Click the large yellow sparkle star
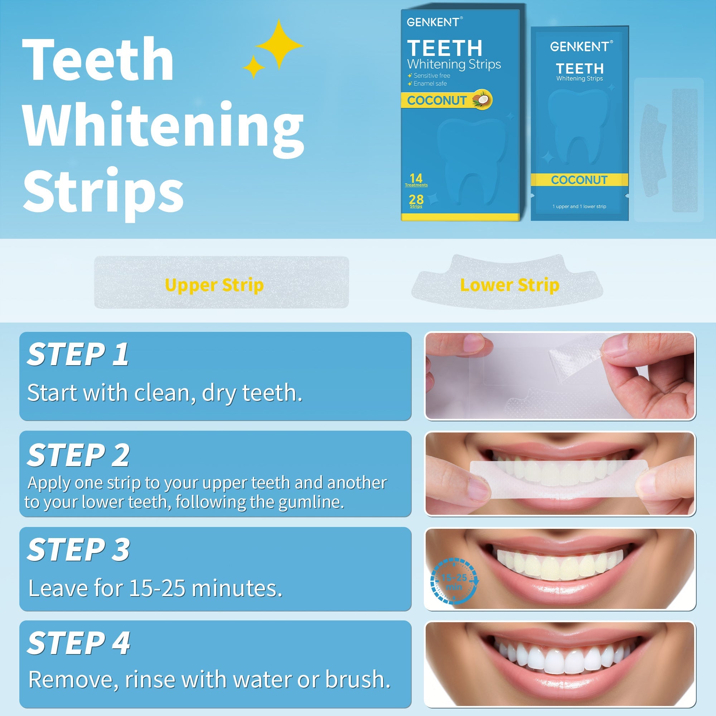click(279, 45)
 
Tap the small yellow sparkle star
click(254, 67)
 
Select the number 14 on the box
click(416, 178)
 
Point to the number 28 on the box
click(416, 200)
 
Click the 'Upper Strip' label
click(214, 285)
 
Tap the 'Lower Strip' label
click(509, 285)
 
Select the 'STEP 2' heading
click(78, 455)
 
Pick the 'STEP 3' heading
click(78, 550)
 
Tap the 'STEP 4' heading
click(78, 643)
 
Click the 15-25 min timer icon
click(454, 582)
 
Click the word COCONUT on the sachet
click(579, 180)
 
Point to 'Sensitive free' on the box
click(431, 76)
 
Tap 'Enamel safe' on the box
click(430, 84)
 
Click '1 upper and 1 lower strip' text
click(579, 207)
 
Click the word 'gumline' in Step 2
click(310, 502)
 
